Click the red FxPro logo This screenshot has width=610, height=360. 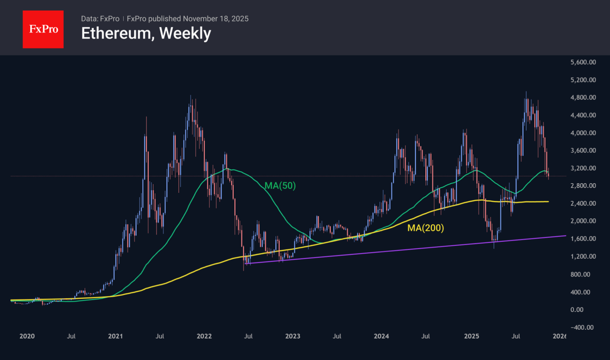[x=43, y=29]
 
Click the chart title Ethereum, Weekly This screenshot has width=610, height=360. [x=146, y=33]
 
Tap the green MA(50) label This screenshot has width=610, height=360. [x=280, y=185]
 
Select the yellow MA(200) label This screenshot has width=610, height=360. [x=425, y=228]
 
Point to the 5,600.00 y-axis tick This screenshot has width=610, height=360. [x=580, y=62]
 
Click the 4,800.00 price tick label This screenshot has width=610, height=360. [x=580, y=98]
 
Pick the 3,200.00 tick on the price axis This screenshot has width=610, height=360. [x=580, y=169]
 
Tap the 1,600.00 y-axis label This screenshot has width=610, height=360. [x=580, y=239]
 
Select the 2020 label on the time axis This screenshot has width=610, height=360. [x=27, y=336]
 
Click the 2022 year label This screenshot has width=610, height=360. [x=204, y=336]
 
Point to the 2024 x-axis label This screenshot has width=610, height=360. [x=381, y=336]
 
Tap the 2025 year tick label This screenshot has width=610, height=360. [x=471, y=336]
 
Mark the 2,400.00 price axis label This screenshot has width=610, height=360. [x=580, y=204]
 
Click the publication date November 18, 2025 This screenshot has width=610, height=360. [x=216, y=19]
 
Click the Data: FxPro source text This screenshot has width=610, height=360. [x=100, y=19]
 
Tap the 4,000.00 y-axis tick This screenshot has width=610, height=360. [x=580, y=133]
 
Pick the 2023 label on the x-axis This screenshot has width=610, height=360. [x=293, y=336]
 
